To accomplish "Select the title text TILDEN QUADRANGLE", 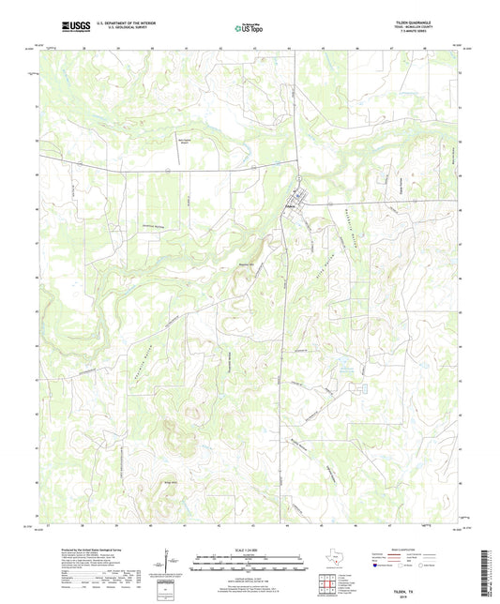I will pos(434,21).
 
